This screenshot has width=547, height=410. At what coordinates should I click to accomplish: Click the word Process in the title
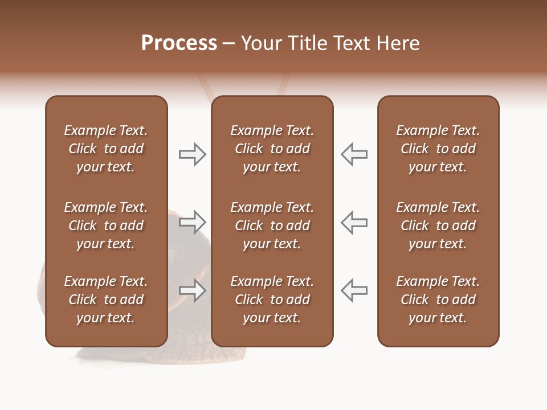(x=179, y=43)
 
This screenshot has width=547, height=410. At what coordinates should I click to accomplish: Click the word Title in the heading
(x=306, y=43)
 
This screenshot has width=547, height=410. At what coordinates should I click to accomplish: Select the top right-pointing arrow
(x=193, y=154)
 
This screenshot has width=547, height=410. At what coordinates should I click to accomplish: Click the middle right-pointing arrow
(x=193, y=222)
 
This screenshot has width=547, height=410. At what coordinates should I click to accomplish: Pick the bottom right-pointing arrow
(x=193, y=290)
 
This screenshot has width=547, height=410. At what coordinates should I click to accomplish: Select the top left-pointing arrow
(x=354, y=154)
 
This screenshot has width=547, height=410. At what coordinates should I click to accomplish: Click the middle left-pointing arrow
(x=354, y=222)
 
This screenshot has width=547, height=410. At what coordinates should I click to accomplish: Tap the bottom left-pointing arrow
(x=354, y=290)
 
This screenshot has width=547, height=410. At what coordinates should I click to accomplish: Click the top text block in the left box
(x=106, y=149)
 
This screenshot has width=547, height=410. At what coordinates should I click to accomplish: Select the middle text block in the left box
(x=106, y=225)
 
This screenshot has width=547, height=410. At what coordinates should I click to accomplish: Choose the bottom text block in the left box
(x=106, y=300)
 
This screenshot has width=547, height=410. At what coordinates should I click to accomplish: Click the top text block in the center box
(x=272, y=149)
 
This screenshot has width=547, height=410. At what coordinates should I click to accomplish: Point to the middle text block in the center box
(x=272, y=225)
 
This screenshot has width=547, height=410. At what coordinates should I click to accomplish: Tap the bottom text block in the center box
(x=272, y=300)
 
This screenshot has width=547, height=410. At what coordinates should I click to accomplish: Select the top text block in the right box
(x=438, y=149)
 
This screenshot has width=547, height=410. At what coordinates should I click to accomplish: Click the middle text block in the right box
(x=438, y=225)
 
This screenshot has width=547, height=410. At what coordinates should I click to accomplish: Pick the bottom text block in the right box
(x=438, y=300)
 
